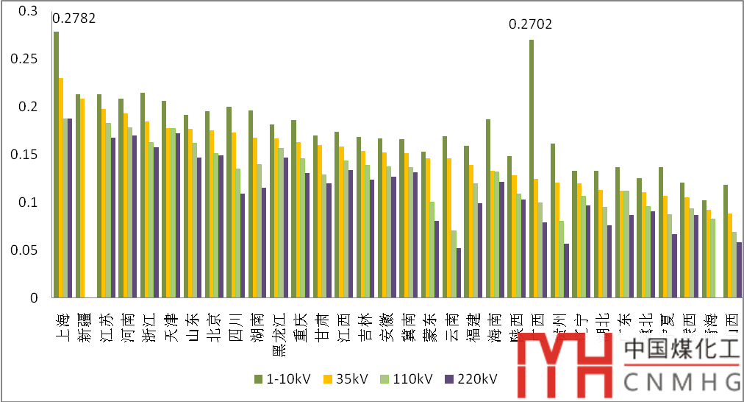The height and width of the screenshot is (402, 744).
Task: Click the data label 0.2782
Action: tap(74, 18)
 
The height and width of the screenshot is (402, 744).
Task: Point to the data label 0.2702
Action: tap(530, 24)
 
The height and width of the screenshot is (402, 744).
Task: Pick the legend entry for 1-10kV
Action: tap(282, 379)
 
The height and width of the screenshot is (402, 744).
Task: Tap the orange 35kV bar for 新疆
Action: tap(82, 198)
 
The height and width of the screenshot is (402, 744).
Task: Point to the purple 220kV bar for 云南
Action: tap(459, 273)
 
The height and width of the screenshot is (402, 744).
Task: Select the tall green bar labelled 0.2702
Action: tap(532, 169)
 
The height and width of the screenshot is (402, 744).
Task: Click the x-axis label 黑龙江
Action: tap(279, 335)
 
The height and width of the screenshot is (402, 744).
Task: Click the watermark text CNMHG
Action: tap(682, 381)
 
